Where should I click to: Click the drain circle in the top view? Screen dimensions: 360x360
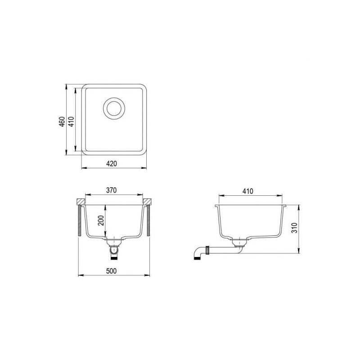(x=112, y=108)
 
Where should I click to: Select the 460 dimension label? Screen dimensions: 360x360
(x=62, y=123)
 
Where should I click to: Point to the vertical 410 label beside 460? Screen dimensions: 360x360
(x=71, y=123)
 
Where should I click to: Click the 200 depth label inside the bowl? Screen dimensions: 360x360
(x=101, y=220)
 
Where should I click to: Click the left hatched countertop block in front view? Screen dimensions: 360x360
(x=81, y=201)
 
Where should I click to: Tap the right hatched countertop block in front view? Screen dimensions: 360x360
(x=148, y=201)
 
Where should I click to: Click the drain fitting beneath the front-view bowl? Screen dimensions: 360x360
(x=114, y=249)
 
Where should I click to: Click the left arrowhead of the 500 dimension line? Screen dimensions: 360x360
(x=81, y=275)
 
